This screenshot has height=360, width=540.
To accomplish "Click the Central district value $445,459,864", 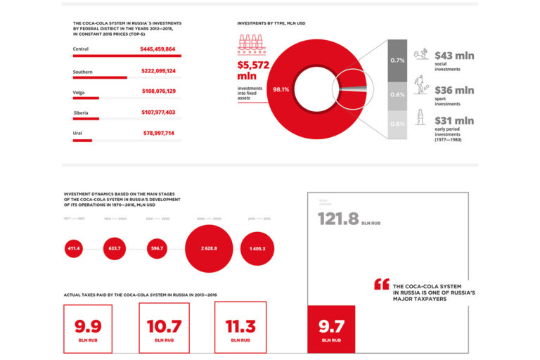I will [157, 49].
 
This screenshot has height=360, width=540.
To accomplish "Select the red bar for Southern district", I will [100, 77].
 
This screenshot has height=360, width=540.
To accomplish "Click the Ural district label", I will [77, 133].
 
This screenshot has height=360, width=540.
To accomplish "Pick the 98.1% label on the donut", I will [281, 89].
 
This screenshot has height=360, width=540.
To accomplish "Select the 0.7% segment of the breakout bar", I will [397, 60].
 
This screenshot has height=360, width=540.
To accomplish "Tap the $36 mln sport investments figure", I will [454, 90].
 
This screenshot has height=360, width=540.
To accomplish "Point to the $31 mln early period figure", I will [454, 121].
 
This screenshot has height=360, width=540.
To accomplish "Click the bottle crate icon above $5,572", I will [251, 44].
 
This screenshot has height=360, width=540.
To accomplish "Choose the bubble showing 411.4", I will [74, 249].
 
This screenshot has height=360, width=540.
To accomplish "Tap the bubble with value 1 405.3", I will [257, 249].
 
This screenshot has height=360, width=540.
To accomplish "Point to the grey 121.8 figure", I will [339, 219].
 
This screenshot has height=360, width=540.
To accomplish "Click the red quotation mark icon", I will [381, 284].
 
